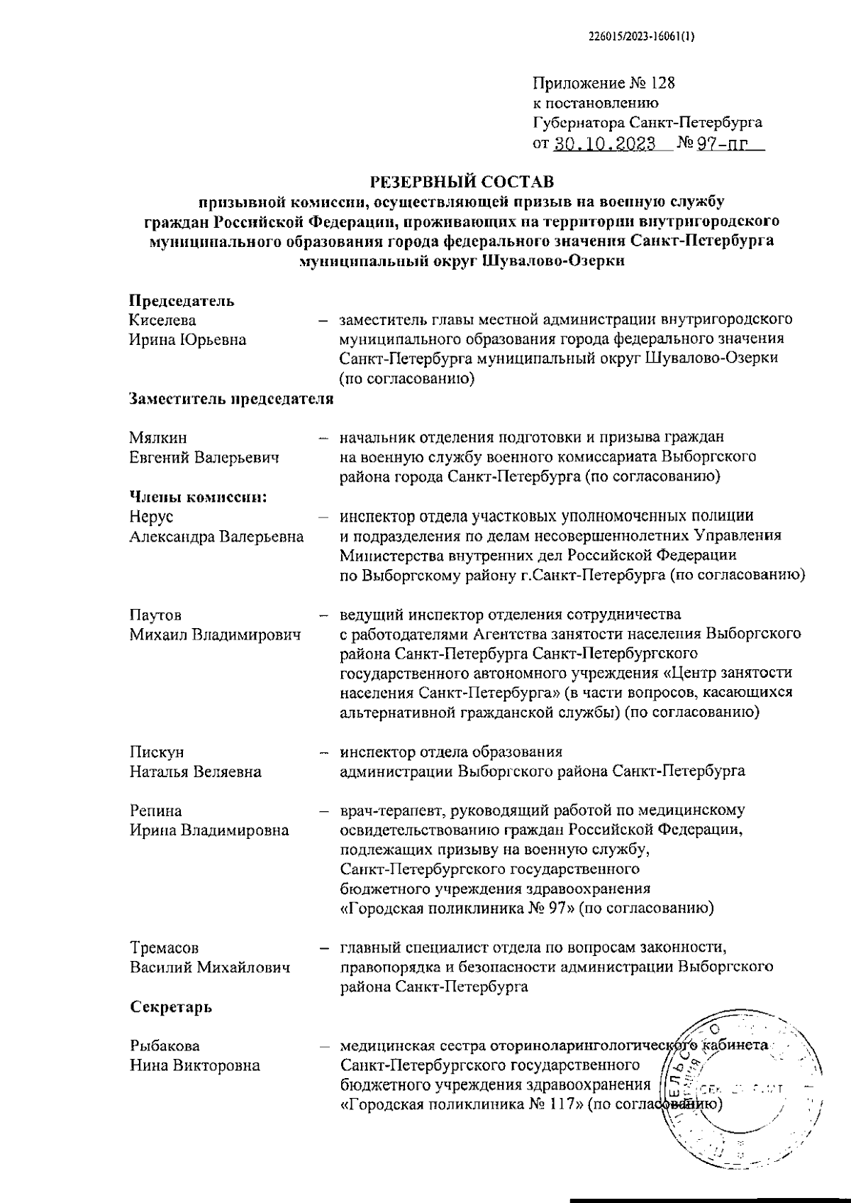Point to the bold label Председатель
tap(182, 300)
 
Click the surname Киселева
tap(162, 320)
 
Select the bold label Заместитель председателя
tap(231, 399)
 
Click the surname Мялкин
tap(158, 438)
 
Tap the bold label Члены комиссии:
tap(198, 497)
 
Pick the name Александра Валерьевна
tap(216, 537)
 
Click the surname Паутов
tap(160, 615)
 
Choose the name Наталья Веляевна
tap(195, 771)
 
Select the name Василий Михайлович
tap(209, 967)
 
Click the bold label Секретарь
tap(171, 1006)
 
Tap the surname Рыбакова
tap(165, 1045)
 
